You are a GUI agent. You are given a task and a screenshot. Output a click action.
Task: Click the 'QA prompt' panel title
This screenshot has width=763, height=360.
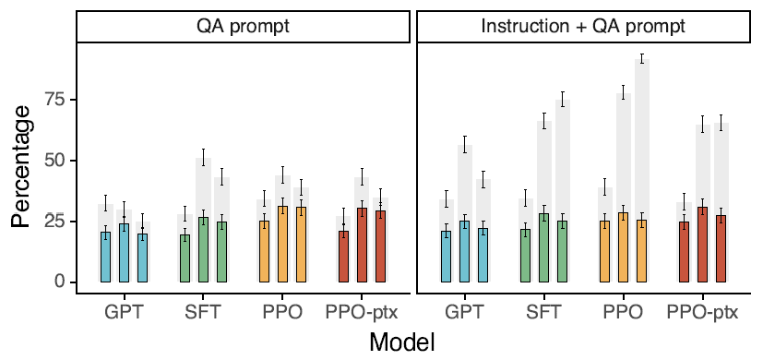coord(243,26)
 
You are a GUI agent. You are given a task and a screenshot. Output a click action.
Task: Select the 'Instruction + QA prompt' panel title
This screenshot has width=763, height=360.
coord(583,26)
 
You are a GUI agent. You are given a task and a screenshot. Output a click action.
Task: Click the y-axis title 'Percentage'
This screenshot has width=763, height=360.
coord(23,167)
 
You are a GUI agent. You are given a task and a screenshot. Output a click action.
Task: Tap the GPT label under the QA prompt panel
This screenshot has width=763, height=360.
coord(124,312)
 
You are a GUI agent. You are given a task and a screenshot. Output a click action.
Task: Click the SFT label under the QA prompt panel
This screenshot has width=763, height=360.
coord(203,312)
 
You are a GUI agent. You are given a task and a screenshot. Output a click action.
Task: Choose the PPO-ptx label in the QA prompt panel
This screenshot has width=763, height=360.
coord(362,312)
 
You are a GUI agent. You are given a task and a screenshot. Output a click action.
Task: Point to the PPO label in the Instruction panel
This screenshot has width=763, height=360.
coord(623,312)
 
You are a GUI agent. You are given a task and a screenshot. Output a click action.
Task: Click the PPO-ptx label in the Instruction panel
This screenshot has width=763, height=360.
coord(702,312)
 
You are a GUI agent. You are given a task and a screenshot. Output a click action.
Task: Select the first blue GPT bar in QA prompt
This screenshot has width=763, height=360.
coord(105,258)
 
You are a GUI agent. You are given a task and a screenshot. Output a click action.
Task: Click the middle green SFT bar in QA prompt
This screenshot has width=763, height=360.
coord(203,250)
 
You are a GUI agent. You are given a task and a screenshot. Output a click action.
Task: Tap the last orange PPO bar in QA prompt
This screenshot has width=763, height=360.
coord(301,245)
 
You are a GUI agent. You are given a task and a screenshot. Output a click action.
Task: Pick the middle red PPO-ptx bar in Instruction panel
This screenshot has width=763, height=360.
coord(702,245)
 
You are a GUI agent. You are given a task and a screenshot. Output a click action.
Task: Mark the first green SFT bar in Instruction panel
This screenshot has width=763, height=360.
coord(526,256)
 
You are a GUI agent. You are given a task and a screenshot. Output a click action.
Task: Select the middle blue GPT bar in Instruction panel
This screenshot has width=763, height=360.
coord(465,251)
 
